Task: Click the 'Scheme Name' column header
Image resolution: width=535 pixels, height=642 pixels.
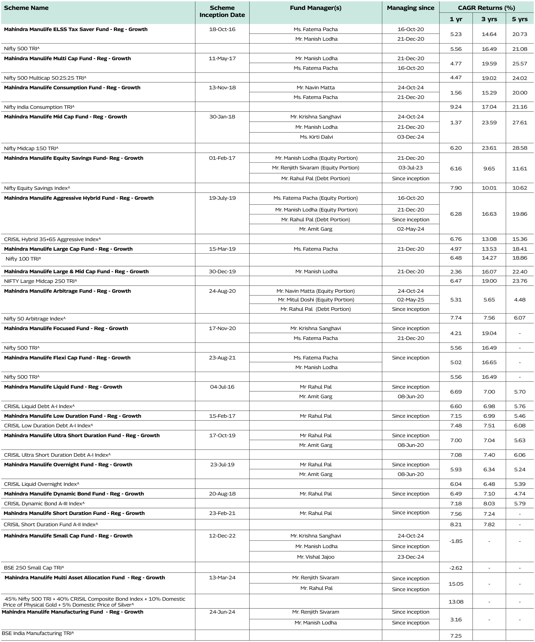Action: point(26,8)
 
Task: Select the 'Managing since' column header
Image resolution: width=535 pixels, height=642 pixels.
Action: point(410,8)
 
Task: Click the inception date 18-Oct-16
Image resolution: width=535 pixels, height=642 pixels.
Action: point(222,29)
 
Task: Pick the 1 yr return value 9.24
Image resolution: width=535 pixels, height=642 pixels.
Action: point(456,107)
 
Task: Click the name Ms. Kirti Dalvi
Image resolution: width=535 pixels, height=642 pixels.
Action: point(316,137)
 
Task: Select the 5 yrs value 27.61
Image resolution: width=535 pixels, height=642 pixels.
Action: point(519,123)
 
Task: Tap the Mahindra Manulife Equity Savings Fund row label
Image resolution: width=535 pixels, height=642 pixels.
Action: point(73,158)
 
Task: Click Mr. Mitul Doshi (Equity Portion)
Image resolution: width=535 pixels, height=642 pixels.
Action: point(316,300)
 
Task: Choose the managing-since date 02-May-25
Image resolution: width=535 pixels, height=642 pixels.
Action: point(410,300)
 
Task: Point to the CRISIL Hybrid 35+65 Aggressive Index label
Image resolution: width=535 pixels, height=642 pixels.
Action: point(52,239)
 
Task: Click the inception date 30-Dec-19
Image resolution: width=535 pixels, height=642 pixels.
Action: point(222,272)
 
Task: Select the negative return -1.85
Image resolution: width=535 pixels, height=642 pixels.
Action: point(456,541)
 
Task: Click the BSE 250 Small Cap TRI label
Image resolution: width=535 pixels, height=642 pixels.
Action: point(34,568)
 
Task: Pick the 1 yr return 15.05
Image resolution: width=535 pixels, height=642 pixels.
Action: point(456,584)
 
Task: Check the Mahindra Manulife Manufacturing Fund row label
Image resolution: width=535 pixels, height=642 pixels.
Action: point(73,612)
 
